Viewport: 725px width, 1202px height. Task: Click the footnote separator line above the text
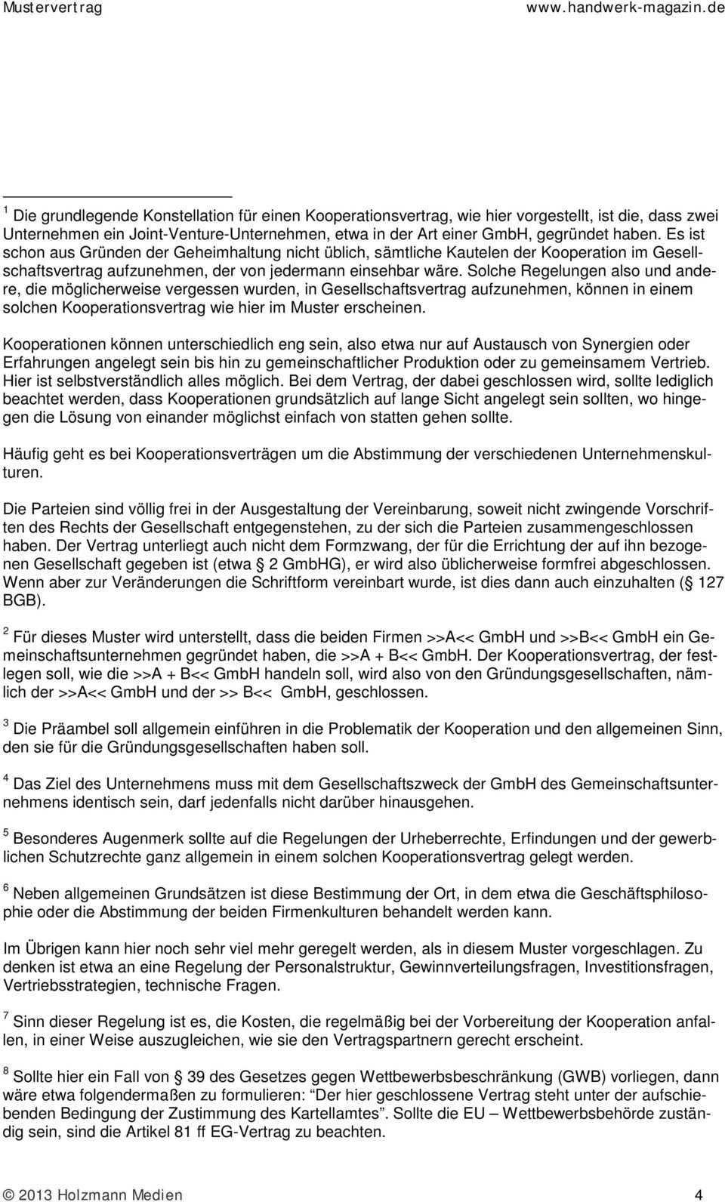116,196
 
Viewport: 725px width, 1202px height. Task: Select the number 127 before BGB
709,582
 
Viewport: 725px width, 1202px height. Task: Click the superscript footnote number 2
7,631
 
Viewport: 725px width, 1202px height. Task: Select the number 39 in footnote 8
196,1077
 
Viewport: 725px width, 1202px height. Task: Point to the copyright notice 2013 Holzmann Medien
92,1194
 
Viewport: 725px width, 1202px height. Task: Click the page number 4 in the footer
699,1194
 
